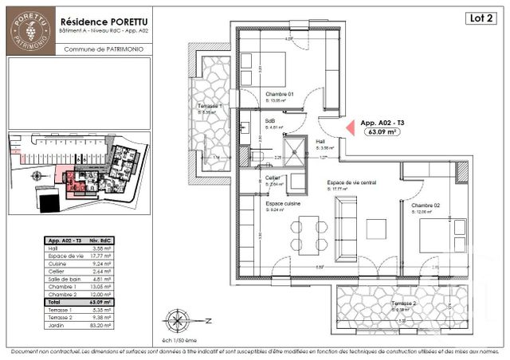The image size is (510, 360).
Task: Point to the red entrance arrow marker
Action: pos(348,128)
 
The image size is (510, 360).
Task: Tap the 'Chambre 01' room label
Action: pos(280,94)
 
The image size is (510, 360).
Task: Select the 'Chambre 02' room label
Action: pos(425,205)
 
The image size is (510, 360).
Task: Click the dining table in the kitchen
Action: pos(305,233)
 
